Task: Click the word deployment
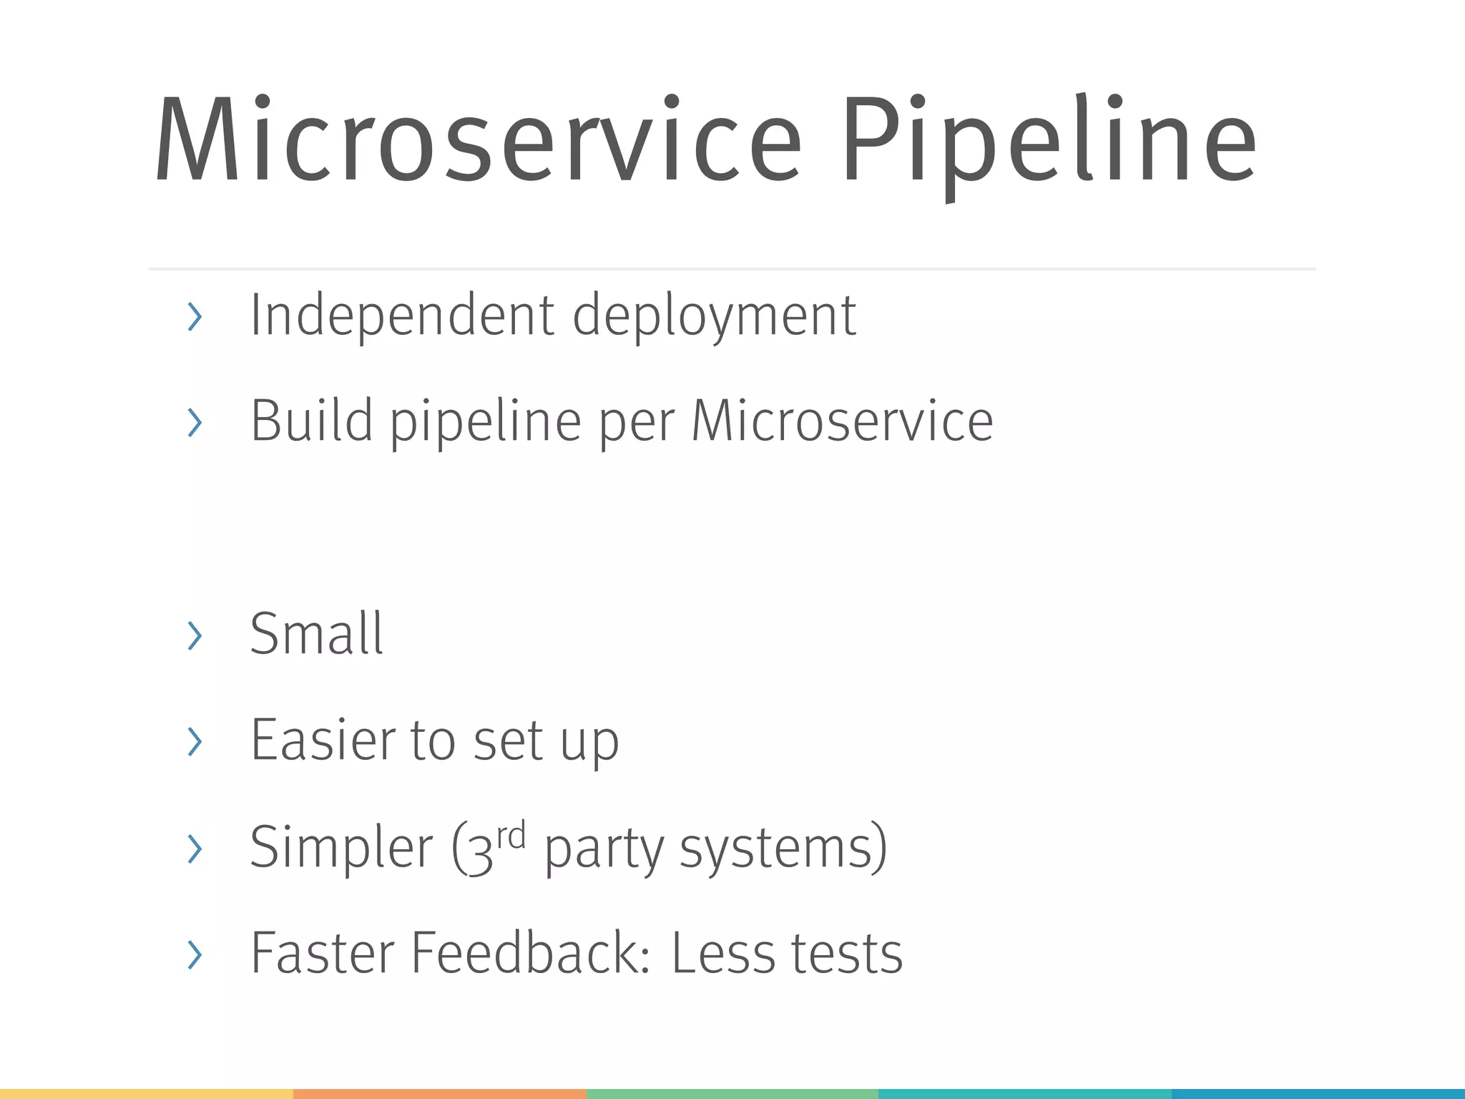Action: click(x=714, y=316)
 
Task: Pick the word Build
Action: click(x=312, y=421)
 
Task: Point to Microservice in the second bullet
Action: click(x=842, y=421)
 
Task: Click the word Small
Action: click(x=317, y=634)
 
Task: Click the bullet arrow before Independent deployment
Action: click(x=194, y=317)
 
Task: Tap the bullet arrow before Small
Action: click(x=194, y=635)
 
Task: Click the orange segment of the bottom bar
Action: click(x=439, y=1094)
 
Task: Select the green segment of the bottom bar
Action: click(x=732, y=1094)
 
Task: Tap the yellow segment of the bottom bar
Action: click(x=146, y=1094)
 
